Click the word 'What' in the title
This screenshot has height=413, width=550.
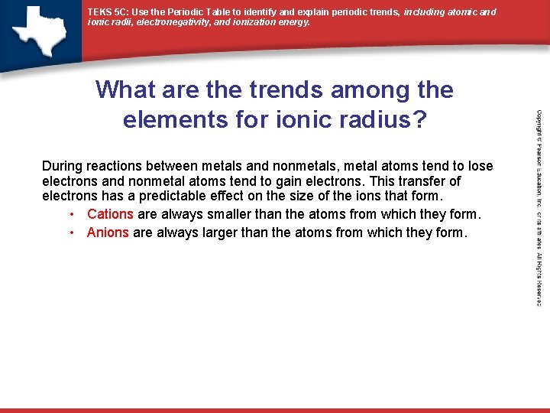[x=126, y=90]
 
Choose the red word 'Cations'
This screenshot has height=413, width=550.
[x=110, y=214]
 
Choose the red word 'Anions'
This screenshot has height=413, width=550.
[x=108, y=233]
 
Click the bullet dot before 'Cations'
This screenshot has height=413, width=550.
[x=71, y=214]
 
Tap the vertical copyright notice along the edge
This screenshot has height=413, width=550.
[x=539, y=206]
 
